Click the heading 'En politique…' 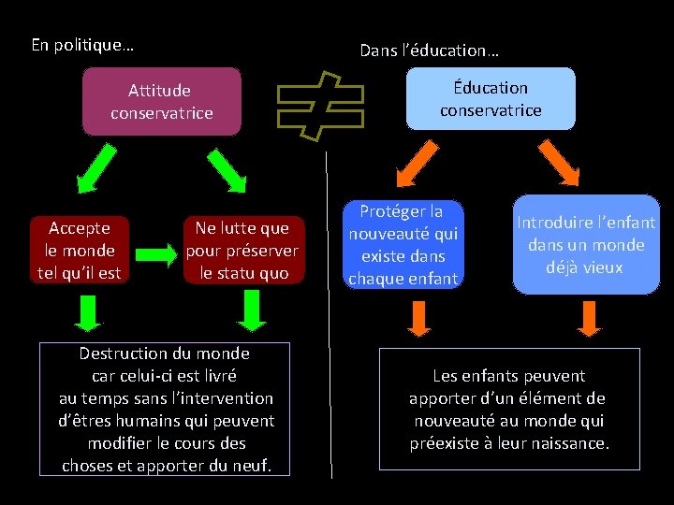click(82, 44)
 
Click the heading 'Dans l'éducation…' click(430, 50)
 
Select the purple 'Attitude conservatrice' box click(161, 101)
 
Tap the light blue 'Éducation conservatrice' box click(491, 98)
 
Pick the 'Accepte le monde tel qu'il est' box click(80, 250)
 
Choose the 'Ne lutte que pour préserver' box click(242, 250)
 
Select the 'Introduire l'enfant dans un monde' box click(586, 244)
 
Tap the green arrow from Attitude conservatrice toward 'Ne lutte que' click(227, 170)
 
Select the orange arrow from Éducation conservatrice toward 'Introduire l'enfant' click(559, 163)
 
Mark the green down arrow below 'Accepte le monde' click(88, 312)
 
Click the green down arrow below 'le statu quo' click(251, 310)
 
